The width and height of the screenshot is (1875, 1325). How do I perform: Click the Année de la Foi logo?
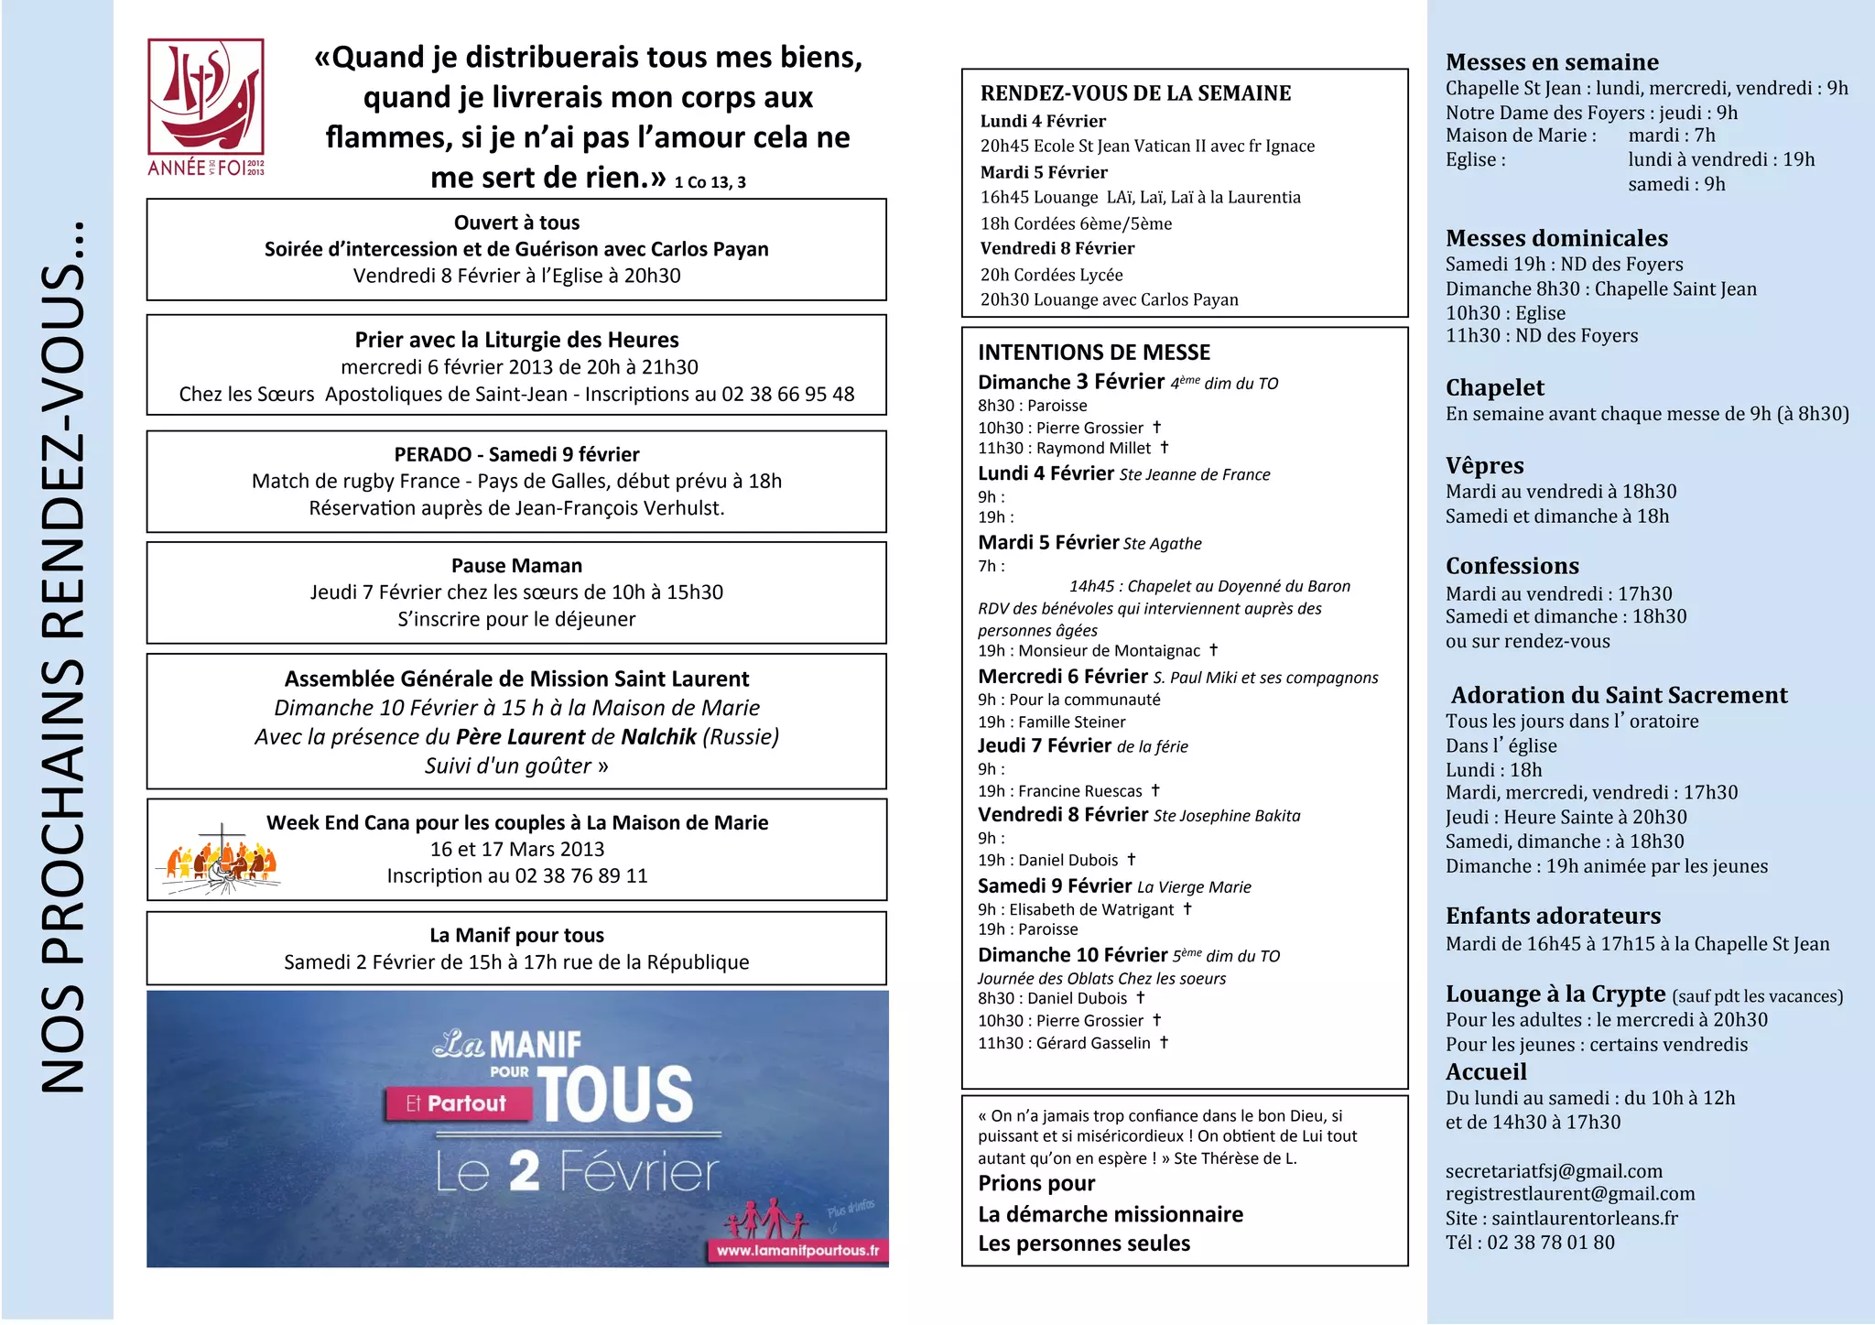tap(206, 106)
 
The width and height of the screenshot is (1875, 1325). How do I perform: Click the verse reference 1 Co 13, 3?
tap(710, 182)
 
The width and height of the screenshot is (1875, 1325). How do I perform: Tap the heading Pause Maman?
tap(516, 566)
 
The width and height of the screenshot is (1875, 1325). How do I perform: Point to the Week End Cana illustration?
tap(221, 861)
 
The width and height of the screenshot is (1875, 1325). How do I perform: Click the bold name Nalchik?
tap(658, 737)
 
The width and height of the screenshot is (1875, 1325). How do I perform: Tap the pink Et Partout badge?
tap(457, 1103)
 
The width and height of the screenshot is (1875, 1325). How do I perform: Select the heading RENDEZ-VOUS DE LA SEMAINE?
tap(1135, 93)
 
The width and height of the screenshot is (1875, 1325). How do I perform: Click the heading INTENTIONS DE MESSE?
tap(1093, 353)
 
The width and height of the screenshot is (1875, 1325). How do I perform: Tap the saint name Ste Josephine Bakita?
tap(1226, 816)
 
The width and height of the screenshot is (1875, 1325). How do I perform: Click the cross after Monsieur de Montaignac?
tap(1213, 650)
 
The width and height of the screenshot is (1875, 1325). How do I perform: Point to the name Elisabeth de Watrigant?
tap(1091, 909)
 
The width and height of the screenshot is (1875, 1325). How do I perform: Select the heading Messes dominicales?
tap(1556, 238)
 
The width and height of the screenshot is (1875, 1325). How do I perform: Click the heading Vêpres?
tap(1484, 465)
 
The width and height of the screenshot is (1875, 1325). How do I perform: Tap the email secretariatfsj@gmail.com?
tap(1554, 1171)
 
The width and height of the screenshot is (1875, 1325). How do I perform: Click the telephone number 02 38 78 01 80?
tap(1551, 1243)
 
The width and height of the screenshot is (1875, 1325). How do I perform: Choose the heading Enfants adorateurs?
tap(1553, 916)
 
